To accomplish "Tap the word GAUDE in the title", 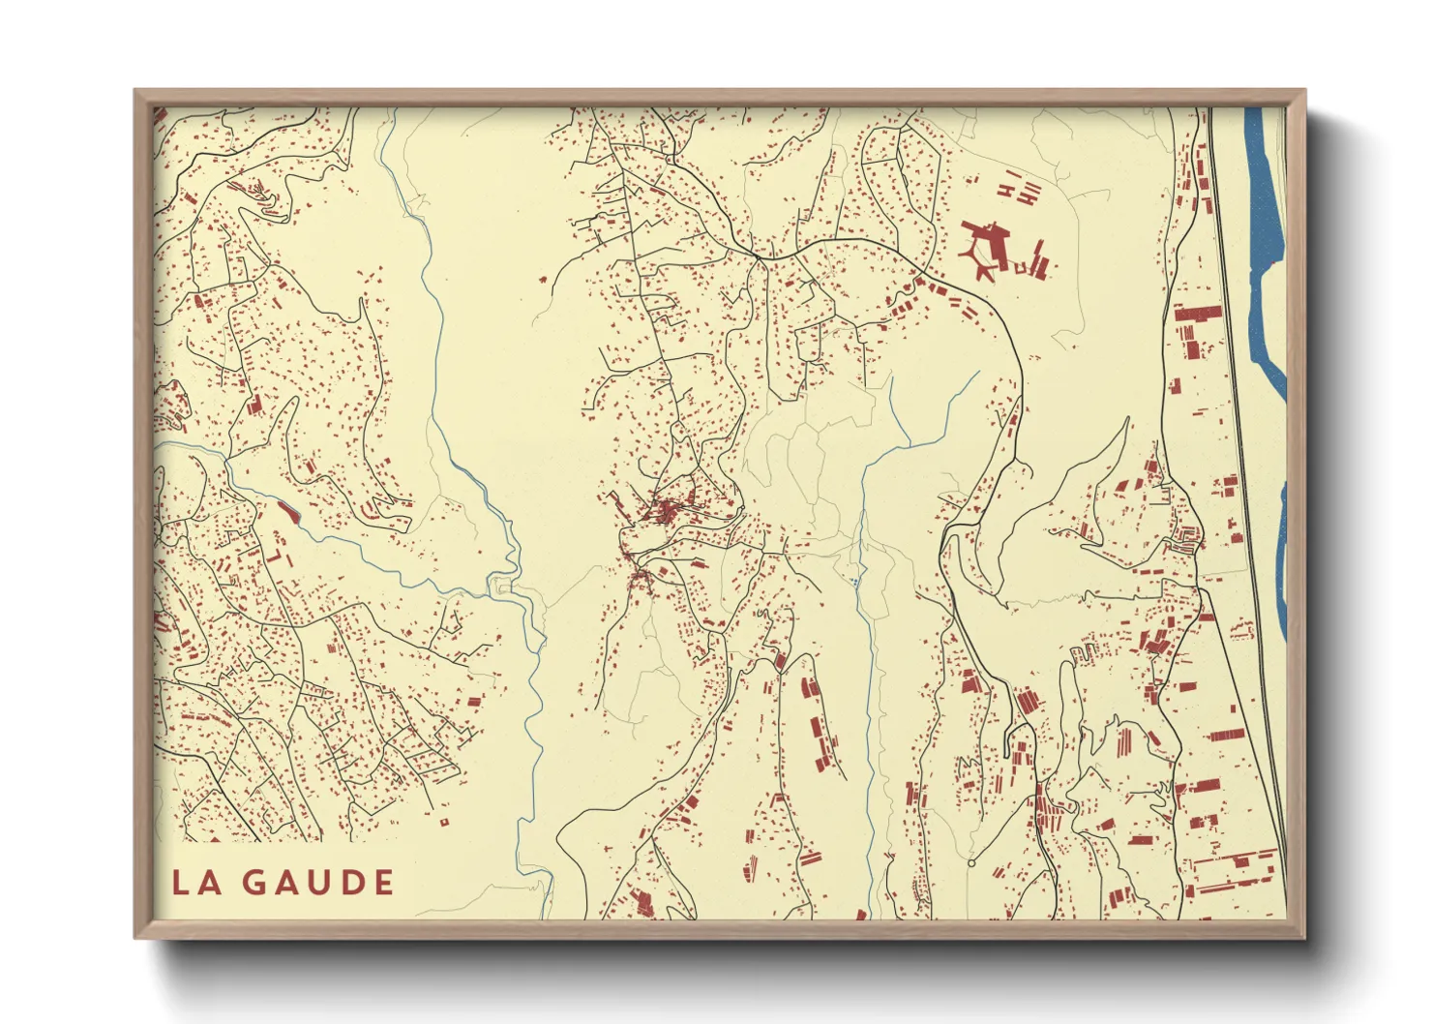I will tap(317, 882).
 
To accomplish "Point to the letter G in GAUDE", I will tap(254, 882).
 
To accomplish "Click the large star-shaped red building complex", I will tap(986, 248).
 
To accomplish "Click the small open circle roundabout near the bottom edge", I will tap(970, 862).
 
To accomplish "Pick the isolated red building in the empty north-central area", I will tap(544, 281).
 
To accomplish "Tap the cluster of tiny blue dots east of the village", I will tap(855, 582).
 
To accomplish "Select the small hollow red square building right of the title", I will tap(444, 823).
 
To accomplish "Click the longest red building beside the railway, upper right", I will tap(1198, 313).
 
